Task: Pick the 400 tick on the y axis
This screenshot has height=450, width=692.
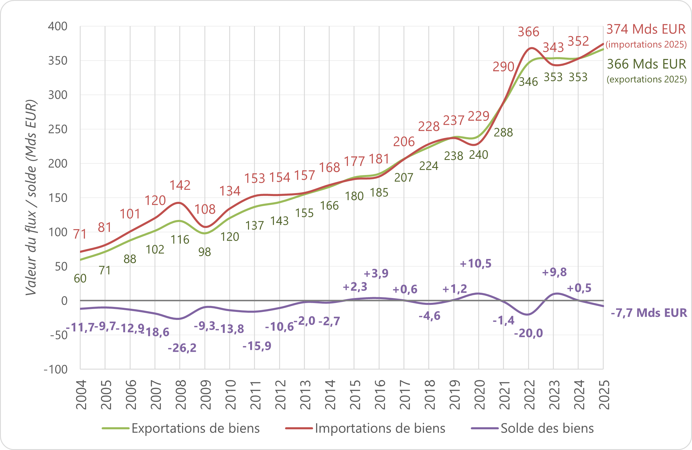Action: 58,26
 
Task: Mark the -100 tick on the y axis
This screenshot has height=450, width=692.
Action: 56,369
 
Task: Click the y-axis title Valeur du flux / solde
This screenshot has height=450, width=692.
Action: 31,198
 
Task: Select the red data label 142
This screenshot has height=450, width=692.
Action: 180,185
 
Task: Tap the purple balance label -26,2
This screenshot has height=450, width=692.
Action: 182,348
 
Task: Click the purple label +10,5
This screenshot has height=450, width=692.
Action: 476,263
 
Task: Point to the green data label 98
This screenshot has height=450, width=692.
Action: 204,252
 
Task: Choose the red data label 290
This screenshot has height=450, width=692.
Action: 503,67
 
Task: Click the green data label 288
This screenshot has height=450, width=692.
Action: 503,132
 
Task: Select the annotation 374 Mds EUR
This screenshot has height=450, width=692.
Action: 646,29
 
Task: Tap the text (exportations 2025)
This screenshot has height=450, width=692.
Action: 647,79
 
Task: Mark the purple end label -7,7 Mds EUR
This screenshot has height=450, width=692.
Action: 649,313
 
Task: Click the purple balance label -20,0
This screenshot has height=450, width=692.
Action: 528,333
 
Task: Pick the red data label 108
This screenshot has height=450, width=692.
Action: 205,209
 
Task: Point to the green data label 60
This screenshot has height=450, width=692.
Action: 80,279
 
